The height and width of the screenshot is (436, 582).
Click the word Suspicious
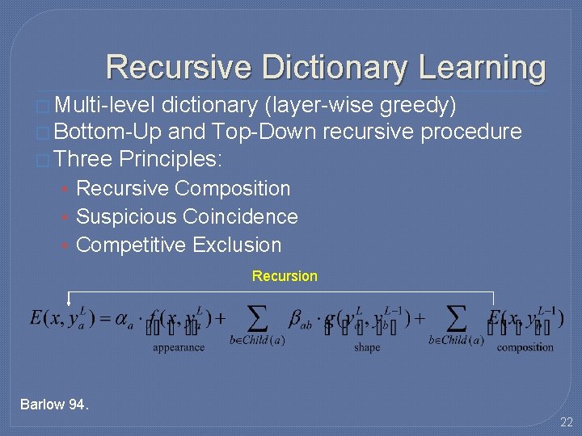click(x=127, y=217)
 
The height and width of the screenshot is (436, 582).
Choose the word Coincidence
click(x=241, y=217)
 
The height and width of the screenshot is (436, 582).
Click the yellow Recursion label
click(x=285, y=276)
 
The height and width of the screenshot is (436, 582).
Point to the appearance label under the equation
click(x=179, y=347)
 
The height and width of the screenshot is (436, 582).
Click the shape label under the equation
click(x=367, y=347)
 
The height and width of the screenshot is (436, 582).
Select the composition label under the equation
click(x=525, y=347)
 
